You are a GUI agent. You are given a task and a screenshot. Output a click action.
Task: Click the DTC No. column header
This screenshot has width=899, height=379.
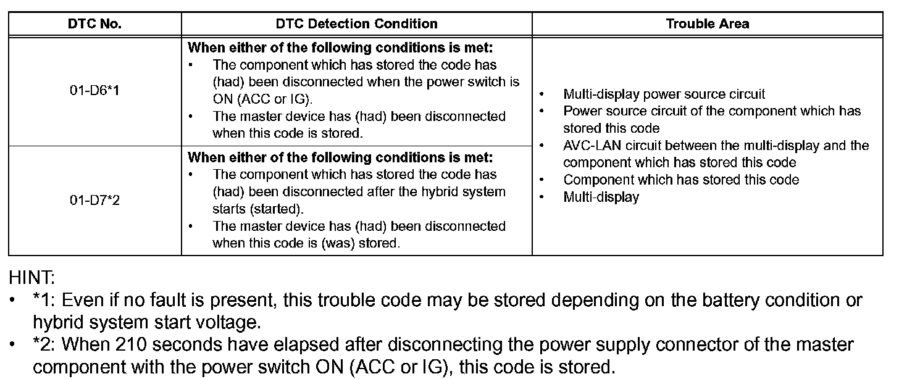[94, 24]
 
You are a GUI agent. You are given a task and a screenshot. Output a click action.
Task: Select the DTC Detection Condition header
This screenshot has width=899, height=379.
[356, 24]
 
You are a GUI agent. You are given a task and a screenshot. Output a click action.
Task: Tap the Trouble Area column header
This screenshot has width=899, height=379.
[707, 24]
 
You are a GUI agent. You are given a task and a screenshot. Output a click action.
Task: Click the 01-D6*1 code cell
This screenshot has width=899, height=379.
[94, 90]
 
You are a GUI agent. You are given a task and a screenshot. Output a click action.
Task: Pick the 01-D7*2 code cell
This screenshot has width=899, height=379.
[94, 201]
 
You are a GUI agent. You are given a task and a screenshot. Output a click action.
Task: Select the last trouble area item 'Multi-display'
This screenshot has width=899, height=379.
[601, 198]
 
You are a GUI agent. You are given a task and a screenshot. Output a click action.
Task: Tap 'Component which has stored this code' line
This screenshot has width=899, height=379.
[681, 180]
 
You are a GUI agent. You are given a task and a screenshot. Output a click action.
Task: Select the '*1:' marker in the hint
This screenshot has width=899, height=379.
[45, 301]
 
